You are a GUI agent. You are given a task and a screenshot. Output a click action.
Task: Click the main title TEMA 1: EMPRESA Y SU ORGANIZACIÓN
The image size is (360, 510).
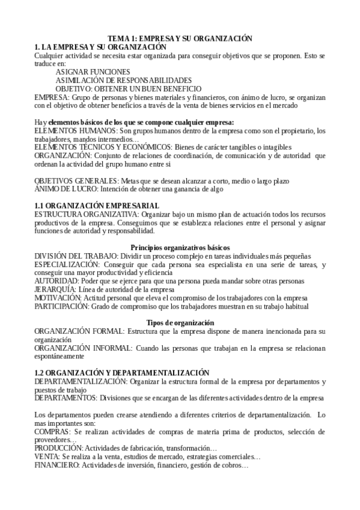click(x=180, y=38)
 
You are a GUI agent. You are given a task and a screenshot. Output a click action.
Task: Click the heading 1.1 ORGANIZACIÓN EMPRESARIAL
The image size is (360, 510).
click(x=97, y=206)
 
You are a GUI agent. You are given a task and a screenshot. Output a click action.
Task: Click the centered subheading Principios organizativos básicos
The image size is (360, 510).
click(x=180, y=247)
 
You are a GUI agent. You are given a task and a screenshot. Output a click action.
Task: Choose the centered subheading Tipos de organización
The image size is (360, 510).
click(x=180, y=322)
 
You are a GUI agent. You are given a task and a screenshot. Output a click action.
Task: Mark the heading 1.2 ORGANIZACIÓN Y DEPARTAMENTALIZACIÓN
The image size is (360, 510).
click(x=122, y=373)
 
